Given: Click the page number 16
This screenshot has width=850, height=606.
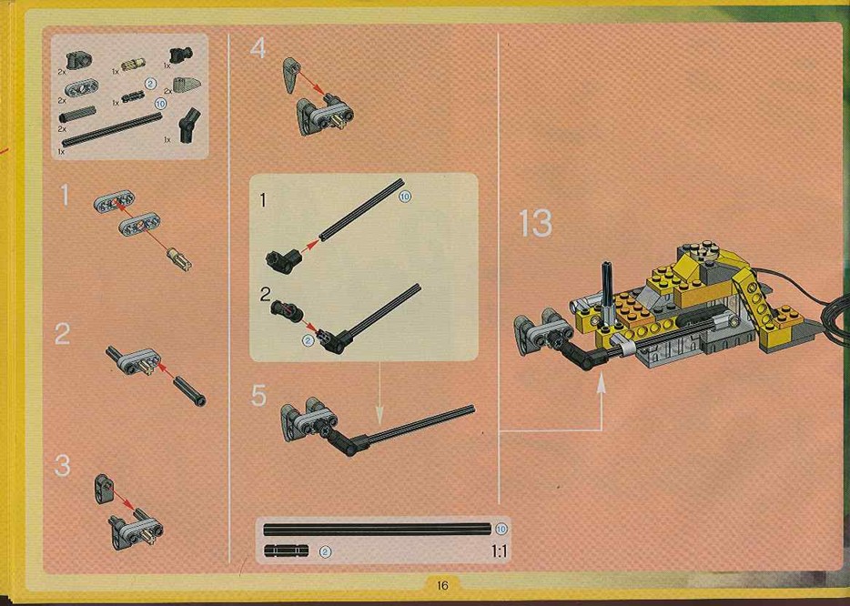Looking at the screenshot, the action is tap(442, 585).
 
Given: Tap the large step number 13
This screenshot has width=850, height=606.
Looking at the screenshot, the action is tap(535, 223).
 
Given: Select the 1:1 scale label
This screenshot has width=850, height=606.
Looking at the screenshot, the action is tap(499, 551).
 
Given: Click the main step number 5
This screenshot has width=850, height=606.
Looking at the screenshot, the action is tap(258, 396).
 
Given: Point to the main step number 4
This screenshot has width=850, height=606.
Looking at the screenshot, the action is tap(258, 48).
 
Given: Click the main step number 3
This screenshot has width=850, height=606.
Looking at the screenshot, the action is tap(63, 466).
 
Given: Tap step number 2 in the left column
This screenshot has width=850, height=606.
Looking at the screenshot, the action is tap(63, 333).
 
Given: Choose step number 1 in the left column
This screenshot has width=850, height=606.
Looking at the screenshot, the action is tap(65, 195).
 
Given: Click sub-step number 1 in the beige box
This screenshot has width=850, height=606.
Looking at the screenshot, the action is tap(263, 200).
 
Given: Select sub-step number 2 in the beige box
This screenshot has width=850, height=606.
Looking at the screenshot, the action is tap(265, 294).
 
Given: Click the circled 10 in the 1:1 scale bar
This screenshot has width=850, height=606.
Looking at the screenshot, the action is tap(501, 529).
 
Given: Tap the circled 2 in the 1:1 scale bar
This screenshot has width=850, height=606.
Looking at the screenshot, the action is tap(325, 551).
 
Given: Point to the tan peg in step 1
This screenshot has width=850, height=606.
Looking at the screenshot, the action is tap(179, 258).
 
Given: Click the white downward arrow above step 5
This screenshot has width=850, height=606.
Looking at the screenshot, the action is tap(379, 393).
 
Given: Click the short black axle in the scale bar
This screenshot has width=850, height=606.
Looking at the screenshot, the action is tap(287, 551).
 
